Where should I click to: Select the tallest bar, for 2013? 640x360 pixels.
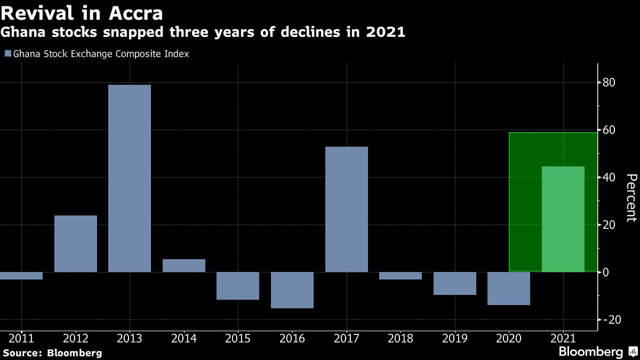coord(130,178)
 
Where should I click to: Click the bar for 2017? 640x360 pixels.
coord(346,209)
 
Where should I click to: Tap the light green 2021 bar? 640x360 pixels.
coord(563,219)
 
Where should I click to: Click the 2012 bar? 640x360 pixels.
coord(75,244)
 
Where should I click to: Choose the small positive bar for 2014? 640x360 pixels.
coord(183,266)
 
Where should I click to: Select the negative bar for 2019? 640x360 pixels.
coord(454,283)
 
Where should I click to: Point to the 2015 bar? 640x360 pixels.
coord(238,286)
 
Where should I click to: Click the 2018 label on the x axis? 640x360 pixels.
coord(400,338)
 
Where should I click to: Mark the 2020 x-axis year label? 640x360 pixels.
coord(508,338)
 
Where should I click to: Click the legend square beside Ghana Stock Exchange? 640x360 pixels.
coord(7,54)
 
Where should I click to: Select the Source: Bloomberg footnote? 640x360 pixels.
coord(52,353)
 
